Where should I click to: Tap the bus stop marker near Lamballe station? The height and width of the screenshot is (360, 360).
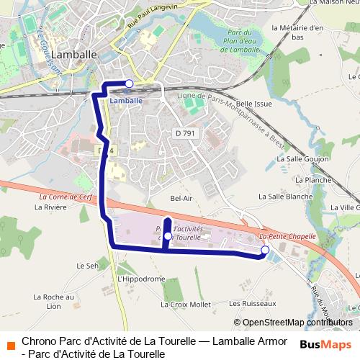(x=130, y=84)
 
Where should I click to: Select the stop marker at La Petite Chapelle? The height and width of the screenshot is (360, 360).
(x=265, y=250)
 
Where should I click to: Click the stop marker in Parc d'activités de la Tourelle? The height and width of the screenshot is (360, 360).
(x=168, y=235)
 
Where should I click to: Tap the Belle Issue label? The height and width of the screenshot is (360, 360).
(x=253, y=104)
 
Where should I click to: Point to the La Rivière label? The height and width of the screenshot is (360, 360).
(x=50, y=207)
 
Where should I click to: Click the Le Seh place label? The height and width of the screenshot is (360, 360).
(x=87, y=266)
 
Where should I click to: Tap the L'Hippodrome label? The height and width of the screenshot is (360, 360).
(x=140, y=278)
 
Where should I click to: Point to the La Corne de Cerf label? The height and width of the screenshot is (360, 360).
(x=66, y=197)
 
